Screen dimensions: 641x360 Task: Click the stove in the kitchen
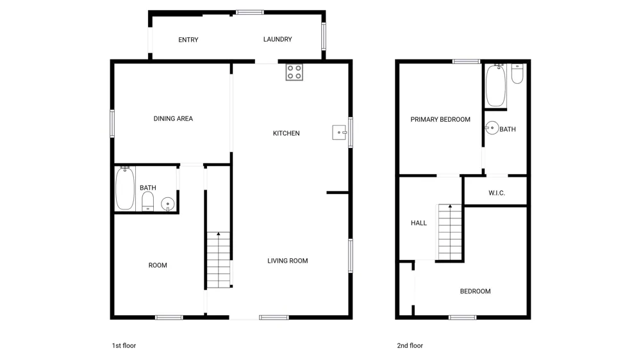point(294,72)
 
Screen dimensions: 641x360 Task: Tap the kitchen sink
point(339,133)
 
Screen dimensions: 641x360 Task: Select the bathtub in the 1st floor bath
point(125,188)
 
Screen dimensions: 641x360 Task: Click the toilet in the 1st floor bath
point(147,201)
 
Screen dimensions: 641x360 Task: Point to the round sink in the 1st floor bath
point(167,204)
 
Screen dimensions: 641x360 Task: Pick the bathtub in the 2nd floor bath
point(495,85)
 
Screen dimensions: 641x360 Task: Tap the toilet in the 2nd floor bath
point(517,74)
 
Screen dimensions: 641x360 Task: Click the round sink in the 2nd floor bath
point(492,128)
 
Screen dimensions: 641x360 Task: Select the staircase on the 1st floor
point(219,260)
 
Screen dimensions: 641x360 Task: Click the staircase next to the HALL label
point(450,232)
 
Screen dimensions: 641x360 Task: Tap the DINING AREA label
point(173,119)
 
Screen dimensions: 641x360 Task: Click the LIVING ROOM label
point(287,261)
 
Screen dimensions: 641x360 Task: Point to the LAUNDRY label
point(278,39)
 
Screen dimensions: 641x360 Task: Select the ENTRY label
point(188,40)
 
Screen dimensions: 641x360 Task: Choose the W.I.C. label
point(497,193)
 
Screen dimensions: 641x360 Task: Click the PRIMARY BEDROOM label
point(440,119)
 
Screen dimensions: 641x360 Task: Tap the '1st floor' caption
point(124,345)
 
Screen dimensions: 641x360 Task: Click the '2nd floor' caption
point(410,345)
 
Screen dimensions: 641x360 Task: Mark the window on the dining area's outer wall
point(112,124)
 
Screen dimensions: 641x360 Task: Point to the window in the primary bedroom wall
point(466,61)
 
